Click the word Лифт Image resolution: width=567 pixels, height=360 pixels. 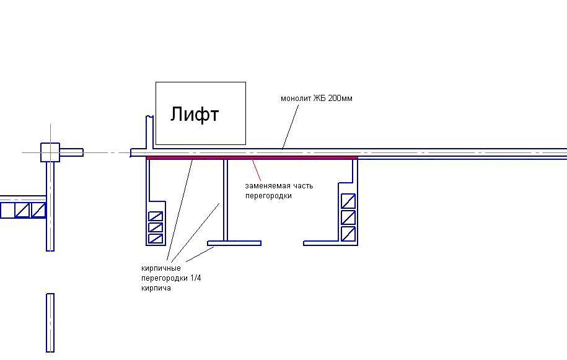click(195, 115)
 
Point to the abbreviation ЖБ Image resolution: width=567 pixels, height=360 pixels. click(320, 99)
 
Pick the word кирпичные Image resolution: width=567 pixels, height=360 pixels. click(160, 268)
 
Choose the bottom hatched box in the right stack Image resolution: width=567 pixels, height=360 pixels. click(348, 234)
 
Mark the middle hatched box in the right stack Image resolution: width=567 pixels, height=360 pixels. click(348, 218)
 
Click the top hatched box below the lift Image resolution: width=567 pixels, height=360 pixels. click(155, 216)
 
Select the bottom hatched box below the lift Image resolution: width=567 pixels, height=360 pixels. click(155, 239)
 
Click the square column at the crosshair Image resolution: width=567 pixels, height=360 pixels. click(50, 152)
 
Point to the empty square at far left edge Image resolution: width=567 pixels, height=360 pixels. click(7, 211)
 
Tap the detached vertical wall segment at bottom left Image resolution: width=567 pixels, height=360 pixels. click(50, 323)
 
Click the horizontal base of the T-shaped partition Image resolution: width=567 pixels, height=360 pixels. click(234, 243)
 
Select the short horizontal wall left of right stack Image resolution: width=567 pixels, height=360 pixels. click(322, 243)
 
